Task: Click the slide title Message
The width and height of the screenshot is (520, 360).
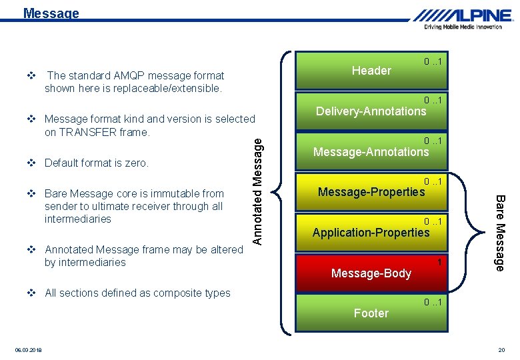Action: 51,13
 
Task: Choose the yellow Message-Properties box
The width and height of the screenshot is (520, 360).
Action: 371,193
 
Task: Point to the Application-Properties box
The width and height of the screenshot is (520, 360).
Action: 371,233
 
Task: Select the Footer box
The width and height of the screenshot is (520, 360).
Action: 371,313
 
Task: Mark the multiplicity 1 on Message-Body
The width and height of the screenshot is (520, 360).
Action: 440,262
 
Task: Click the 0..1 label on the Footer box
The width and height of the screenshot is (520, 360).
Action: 434,303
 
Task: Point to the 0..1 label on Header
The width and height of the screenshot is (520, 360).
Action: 434,62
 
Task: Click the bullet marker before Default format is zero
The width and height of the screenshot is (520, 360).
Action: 31,163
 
